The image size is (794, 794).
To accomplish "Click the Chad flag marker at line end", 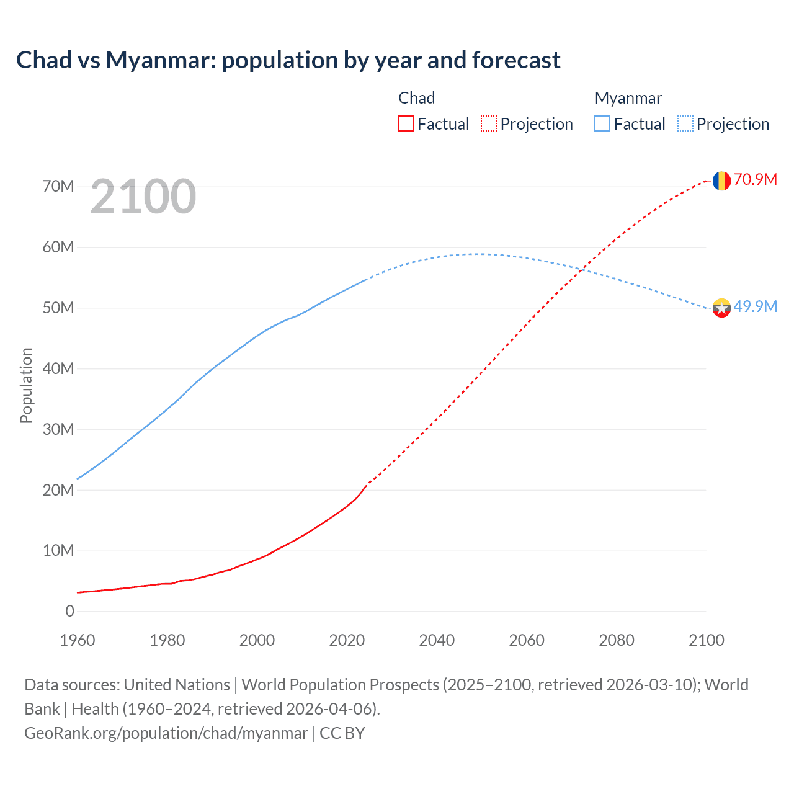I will pyautogui.click(x=721, y=181).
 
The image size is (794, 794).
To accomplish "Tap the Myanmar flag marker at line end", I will pyautogui.click(x=721, y=308).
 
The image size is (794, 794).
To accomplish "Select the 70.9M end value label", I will pyautogui.click(x=755, y=180).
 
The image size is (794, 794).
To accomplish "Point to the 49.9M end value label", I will pyautogui.click(x=755, y=306).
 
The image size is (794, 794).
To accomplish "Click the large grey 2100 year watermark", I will pyautogui.click(x=143, y=197).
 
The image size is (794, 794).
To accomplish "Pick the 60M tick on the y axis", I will pyautogui.click(x=58, y=248).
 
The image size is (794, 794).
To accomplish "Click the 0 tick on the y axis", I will pyautogui.click(x=69, y=612).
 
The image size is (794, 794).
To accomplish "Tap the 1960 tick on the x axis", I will pyautogui.click(x=78, y=640).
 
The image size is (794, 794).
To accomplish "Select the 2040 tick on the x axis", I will pyautogui.click(x=437, y=640).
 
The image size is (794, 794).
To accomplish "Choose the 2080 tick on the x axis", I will pyautogui.click(x=617, y=640).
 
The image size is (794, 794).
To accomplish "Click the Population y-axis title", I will pyautogui.click(x=26, y=385).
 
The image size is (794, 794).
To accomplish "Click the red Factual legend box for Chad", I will pyautogui.click(x=406, y=124).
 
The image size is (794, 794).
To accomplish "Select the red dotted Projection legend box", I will pyautogui.click(x=489, y=124).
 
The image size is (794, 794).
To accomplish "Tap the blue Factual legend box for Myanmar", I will pyautogui.click(x=602, y=124).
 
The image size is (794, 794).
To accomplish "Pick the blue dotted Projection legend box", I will pyautogui.click(x=685, y=124).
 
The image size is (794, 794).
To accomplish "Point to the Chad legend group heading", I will pyautogui.click(x=416, y=98).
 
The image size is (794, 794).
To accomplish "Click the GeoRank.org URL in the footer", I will pyautogui.click(x=166, y=733).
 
